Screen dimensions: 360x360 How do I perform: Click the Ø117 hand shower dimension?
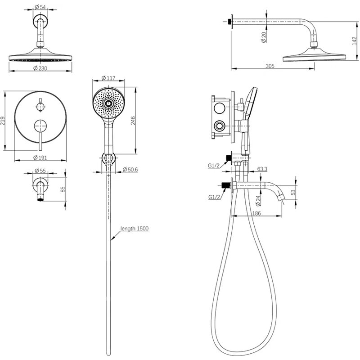(108, 78)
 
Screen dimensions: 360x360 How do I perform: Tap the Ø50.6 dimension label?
(130, 169)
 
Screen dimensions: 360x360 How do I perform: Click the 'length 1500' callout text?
(134, 229)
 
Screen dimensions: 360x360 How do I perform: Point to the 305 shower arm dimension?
(270, 66)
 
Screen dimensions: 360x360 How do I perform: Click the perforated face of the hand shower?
(108, 102)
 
